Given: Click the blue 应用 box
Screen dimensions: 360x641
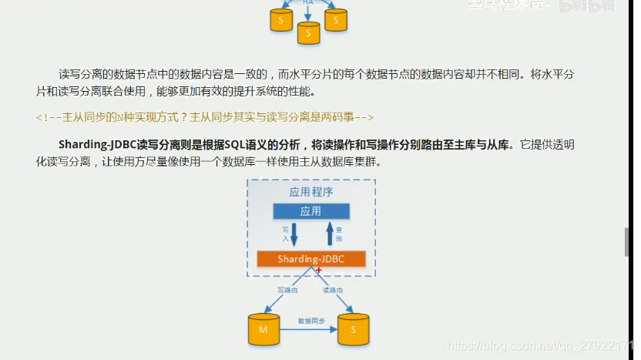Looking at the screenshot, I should coord(310,211).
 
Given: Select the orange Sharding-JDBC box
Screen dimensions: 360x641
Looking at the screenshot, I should coord(310,259).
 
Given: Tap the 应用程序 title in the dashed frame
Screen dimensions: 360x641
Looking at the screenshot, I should coord(310,192).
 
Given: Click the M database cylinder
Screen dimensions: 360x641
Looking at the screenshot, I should coord(263,329).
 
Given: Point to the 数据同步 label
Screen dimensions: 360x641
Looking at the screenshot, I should coord(311,320).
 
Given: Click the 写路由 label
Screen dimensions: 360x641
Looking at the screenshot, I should coord(287,290).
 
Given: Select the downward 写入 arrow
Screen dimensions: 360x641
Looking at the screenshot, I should coord(293,234).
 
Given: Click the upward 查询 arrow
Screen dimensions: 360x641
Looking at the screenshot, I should coord(330,234).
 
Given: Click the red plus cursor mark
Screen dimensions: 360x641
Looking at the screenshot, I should coord(318,270).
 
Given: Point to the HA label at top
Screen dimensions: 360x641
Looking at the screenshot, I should coord(308,2).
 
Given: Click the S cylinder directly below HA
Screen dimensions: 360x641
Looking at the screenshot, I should coord(308,32).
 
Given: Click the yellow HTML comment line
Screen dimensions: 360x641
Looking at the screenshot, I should coord(205,117).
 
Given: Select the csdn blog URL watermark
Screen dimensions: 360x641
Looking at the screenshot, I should coord(539,348).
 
